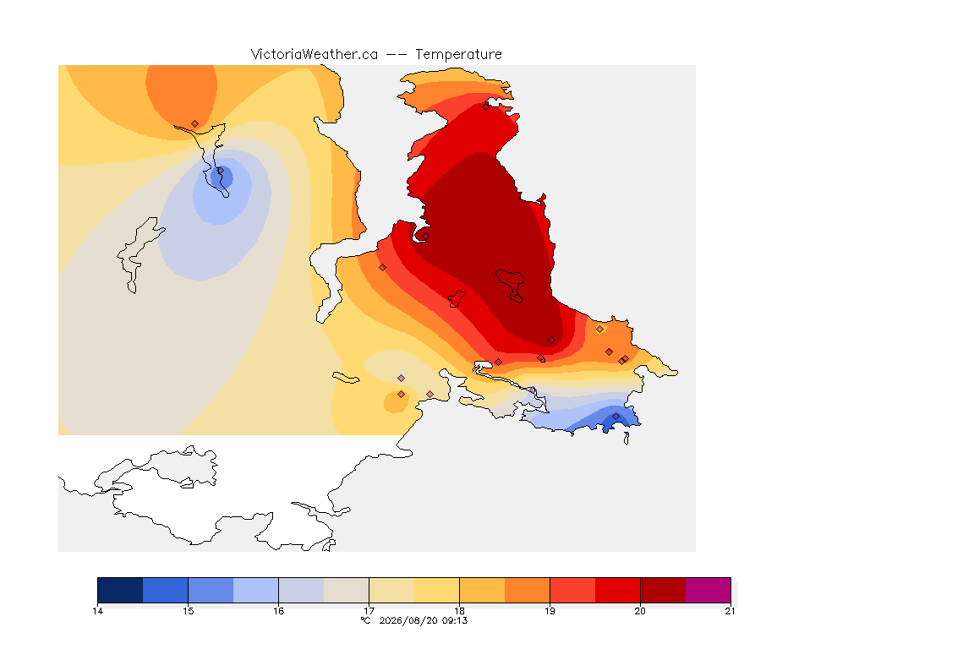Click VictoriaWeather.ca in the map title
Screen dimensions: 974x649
[315, 55]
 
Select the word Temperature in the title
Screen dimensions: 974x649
[458, 55]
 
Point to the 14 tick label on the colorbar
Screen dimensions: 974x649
[97, 611]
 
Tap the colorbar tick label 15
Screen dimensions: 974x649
[189, 611]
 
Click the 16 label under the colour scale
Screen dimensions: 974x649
[278, 611]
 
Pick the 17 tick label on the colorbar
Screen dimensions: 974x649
[369, 611]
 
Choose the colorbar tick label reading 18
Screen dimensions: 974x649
[460, 611]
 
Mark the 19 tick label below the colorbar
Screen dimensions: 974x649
[550, 611]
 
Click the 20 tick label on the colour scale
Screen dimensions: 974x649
[640, 611]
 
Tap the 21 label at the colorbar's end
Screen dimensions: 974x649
[730, 611]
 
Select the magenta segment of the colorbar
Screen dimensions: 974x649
[709, 590]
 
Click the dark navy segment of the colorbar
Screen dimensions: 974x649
[121, 590]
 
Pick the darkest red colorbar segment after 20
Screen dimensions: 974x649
[663, 590]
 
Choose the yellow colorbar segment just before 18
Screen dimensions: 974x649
[436, 590]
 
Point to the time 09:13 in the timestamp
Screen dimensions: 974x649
[455, 620]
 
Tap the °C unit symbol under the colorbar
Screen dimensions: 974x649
[366, 620]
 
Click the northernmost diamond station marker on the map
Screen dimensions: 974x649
[486, 106]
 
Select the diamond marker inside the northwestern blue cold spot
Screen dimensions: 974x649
[220, 170]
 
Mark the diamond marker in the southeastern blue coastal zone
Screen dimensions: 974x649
[616, 416]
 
